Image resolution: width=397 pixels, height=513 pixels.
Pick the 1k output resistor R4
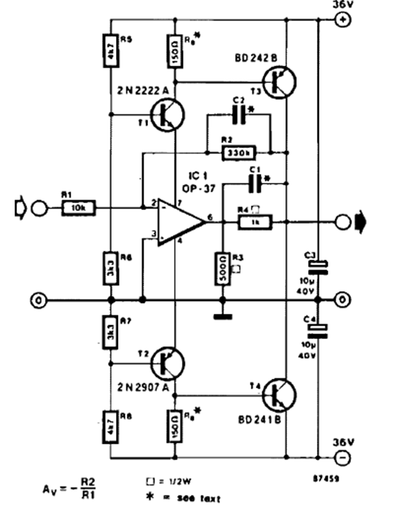[x=255, y=221]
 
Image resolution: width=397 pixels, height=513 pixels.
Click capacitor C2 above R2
[x=238, y=116]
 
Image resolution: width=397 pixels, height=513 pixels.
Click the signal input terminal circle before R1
[x=39, y=207]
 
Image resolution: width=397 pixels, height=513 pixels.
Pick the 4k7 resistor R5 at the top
[x=110, y=47]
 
